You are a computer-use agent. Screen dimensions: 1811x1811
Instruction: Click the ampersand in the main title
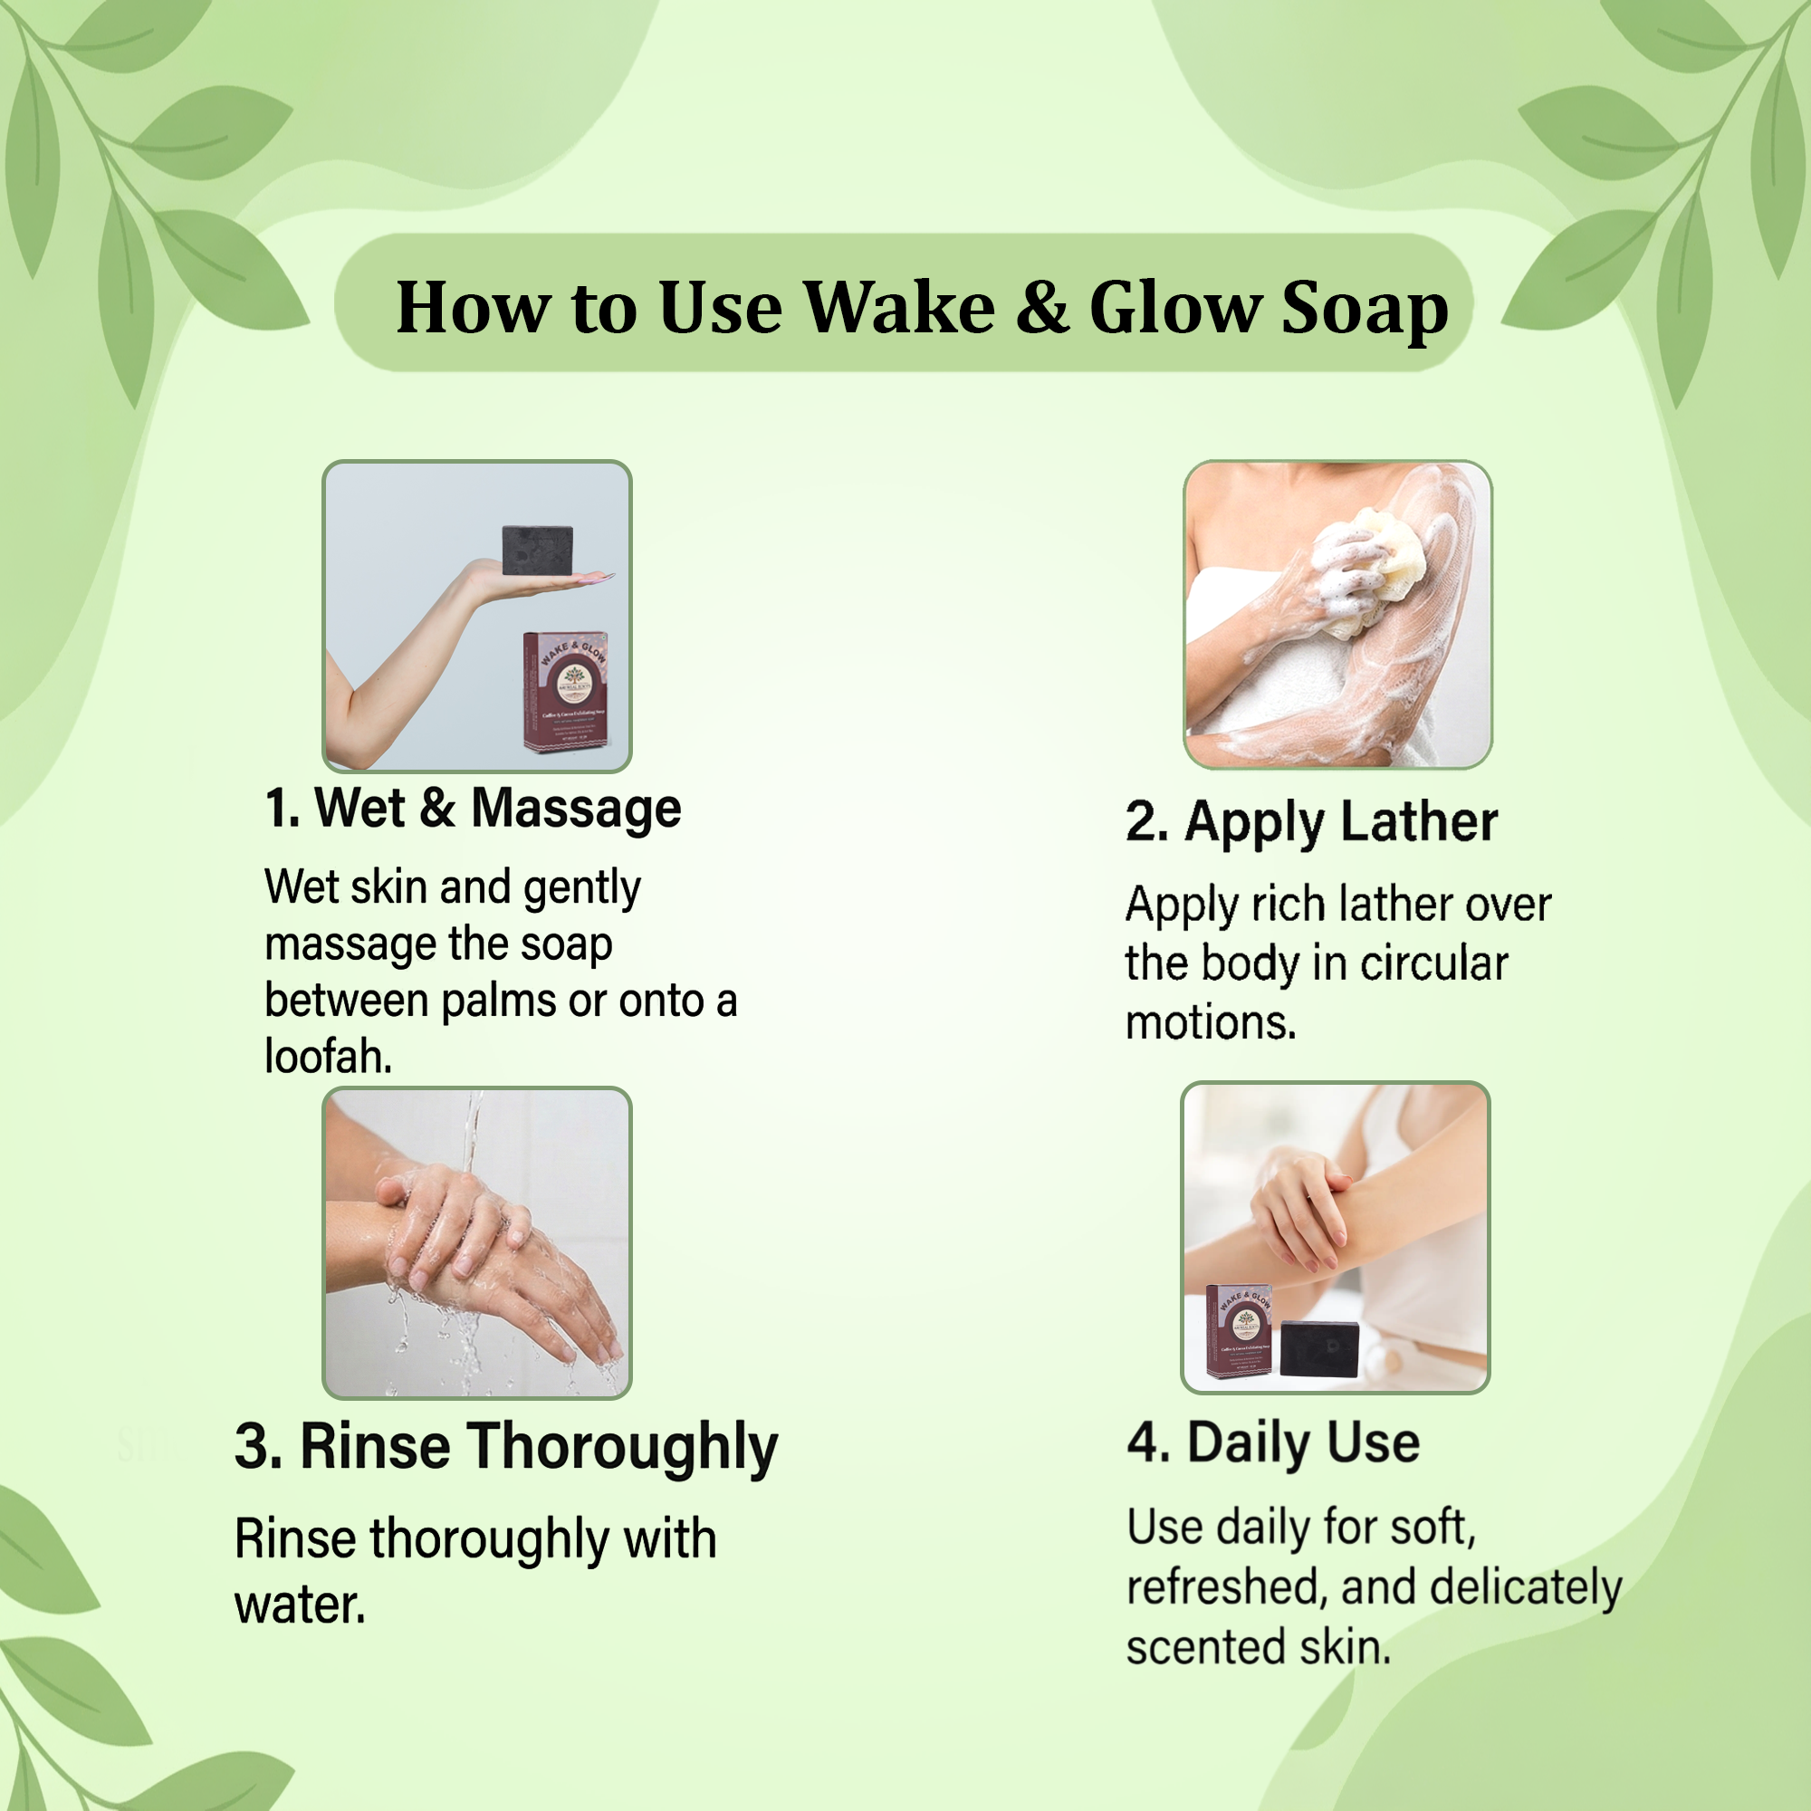click(1041, 308)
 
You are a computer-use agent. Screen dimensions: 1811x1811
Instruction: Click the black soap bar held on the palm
click(537, 551)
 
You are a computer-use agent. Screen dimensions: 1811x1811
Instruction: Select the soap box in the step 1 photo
click(565, 691)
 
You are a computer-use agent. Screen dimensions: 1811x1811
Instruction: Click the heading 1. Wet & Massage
click(473, 808)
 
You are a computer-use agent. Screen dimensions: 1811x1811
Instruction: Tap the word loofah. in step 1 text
click(328, 1057)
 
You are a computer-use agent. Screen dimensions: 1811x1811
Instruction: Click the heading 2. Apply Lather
click(1310, 822)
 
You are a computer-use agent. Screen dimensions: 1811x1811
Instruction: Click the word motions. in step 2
click(1210, 1021)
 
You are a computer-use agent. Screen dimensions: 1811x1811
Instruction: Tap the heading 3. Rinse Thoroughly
click(506, 1446)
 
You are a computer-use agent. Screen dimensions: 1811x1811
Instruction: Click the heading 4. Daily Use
click(1273, 1442)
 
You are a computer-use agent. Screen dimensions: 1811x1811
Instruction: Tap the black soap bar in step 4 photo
click(1319, 1348)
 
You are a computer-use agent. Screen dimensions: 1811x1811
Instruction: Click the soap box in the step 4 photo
click(1240, 1330)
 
